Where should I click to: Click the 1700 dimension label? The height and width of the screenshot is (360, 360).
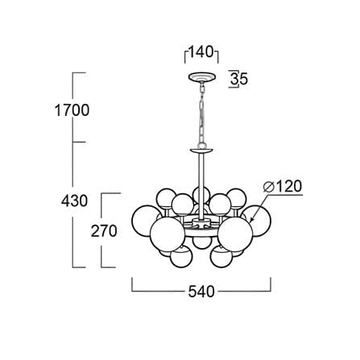click(x=72, y=110)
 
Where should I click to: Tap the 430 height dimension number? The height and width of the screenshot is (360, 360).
click(x=74, y=201)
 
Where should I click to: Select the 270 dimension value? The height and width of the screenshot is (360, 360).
click(x=104, y=231)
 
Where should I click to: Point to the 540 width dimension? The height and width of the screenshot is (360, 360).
click(x=201, y=292)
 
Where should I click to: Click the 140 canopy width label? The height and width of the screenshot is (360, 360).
click(x=201, y=52)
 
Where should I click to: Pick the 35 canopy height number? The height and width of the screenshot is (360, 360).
click(x=239, y=79)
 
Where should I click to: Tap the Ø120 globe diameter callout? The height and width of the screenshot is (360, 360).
click(x=283, y=186)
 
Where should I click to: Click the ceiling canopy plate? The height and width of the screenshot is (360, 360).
click(x=201, y=77)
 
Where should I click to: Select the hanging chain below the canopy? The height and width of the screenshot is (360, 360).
click(x=201, y=114)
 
